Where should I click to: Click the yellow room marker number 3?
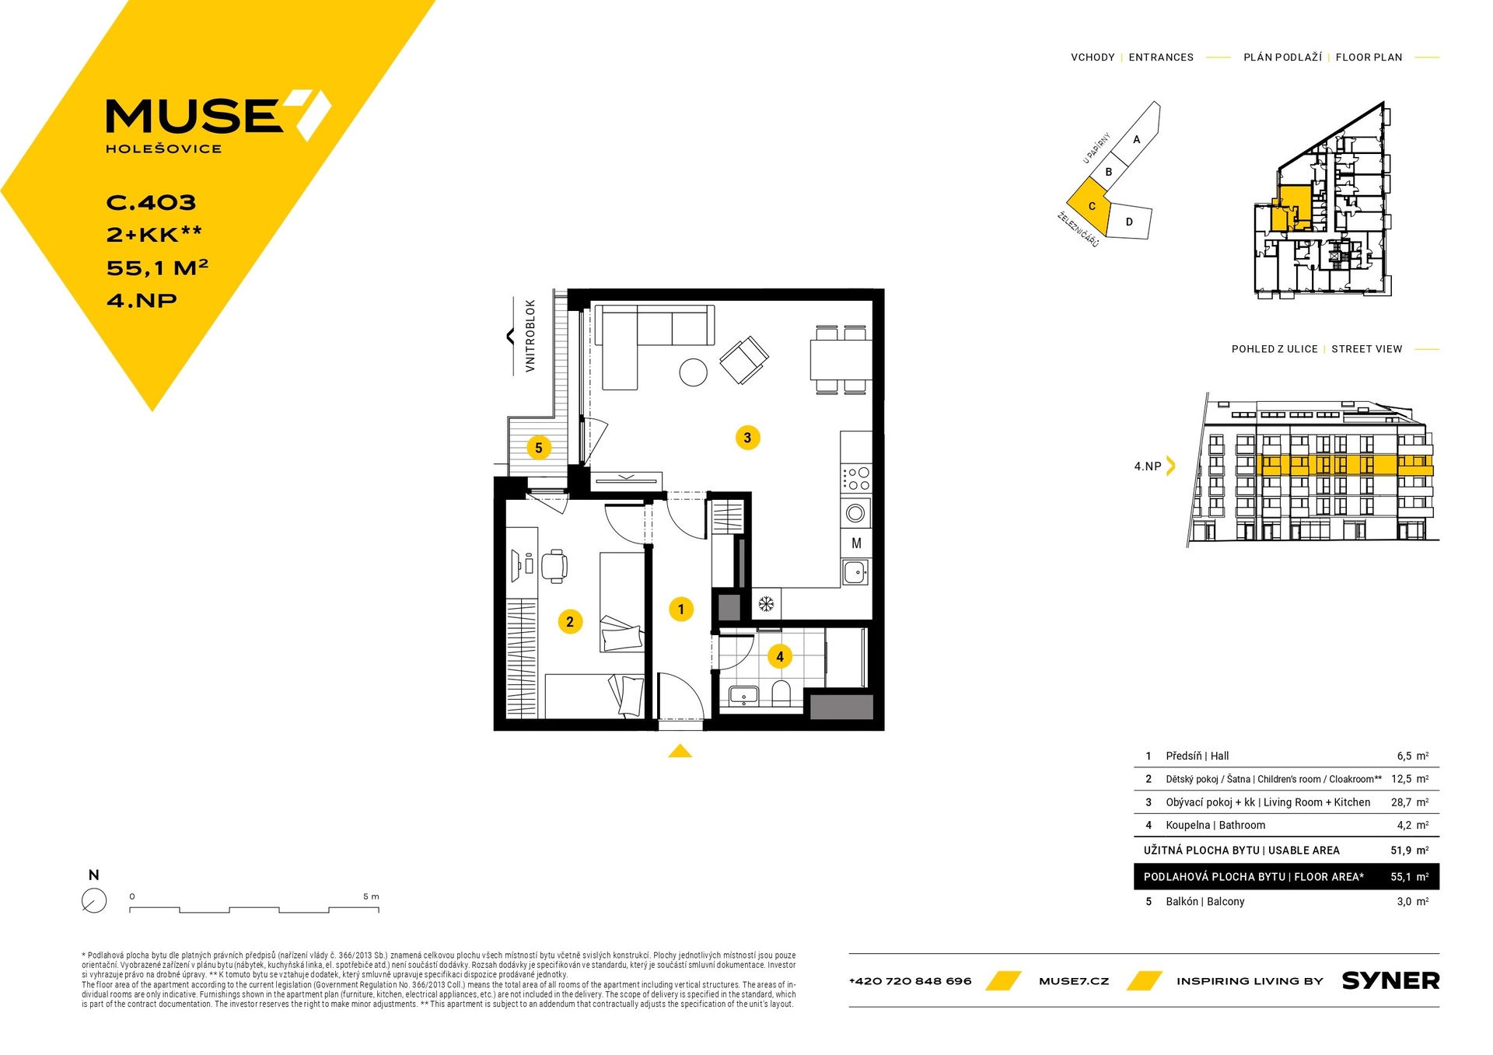(747, 438)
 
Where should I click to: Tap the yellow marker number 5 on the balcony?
(538, 448)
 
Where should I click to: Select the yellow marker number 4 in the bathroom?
(780, 657)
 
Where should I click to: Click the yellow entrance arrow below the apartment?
(680, 750)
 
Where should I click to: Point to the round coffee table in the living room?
(693, 372)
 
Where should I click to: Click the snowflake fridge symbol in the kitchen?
(766, 603)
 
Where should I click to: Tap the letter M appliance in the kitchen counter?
(856, 543)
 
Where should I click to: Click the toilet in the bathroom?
(781, 693)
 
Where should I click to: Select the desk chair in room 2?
(554, 564)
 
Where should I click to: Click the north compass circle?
(94, 900)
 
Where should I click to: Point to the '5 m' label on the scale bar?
(371, 896)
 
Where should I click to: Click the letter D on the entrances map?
(1129, 222)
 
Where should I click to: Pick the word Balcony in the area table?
(1226, 902)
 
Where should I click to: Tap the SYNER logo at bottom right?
(1390, 981)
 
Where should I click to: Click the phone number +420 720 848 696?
(910, 981)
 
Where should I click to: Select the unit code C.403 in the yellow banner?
(151, 203)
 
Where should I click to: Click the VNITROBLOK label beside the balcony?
(530, 336)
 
